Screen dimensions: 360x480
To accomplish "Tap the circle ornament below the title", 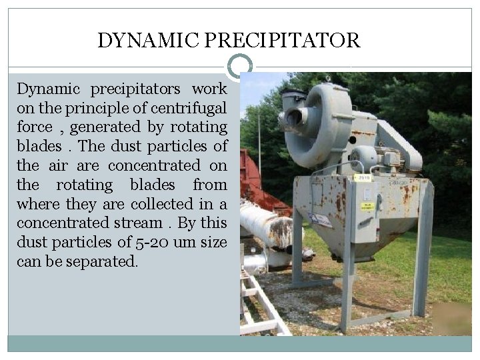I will click(240, 66).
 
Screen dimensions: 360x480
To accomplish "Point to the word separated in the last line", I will click(103, 262).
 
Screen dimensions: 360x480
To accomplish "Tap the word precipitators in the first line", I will click(135, 89).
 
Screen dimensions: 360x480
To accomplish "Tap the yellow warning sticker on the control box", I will click(368, 206).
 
